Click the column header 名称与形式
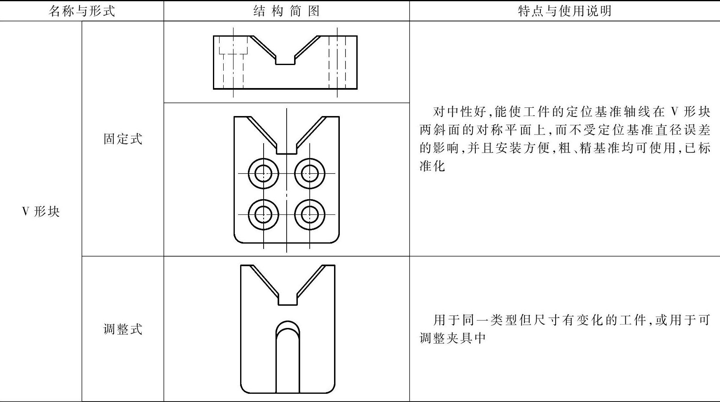coord(82,11)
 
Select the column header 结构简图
coord(286,11)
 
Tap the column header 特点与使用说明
coord(564,11)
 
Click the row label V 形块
coord(41,211)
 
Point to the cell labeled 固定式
coord(123,139)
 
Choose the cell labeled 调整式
coord(123,329)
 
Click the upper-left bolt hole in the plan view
coord(264,173)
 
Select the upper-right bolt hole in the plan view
coord(310,173)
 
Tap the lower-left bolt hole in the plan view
coord(264,214)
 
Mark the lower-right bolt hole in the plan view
coord(310,214)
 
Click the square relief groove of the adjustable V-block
coord(288,299)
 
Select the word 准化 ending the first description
coord(432,166)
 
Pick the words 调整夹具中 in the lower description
coord(453,338)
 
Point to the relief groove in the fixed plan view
coord(287,148)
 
